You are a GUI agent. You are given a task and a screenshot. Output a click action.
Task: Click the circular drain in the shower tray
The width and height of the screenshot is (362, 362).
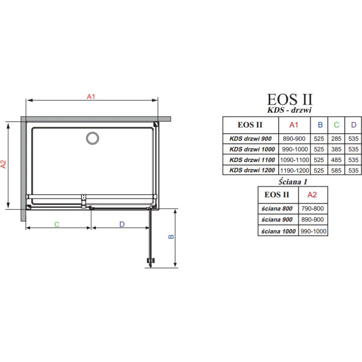[x=93, y=138]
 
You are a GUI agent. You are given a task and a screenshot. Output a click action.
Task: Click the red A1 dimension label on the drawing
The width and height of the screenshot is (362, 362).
[x=91, y=96]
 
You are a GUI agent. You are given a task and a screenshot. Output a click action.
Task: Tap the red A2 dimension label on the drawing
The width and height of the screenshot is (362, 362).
[x=3, y=164]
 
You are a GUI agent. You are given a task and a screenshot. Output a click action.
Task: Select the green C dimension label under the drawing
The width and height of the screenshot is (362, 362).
[x=57, y=224]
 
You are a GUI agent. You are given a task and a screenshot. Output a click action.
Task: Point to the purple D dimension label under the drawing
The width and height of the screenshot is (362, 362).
[x=122, y=224]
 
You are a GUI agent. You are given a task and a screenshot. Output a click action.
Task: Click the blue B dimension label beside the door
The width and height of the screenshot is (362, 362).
[x=171, y=237]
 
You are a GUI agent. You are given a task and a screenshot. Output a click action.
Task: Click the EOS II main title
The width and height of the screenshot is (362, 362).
[x=290, y=99]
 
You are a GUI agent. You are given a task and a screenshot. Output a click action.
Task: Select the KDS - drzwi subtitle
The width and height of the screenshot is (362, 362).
[x=289, y=110]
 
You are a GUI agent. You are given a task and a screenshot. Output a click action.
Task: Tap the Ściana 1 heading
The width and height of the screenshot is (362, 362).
[x=293, y=182]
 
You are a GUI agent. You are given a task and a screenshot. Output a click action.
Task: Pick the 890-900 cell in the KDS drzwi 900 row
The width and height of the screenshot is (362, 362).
[x=294, y=138]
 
